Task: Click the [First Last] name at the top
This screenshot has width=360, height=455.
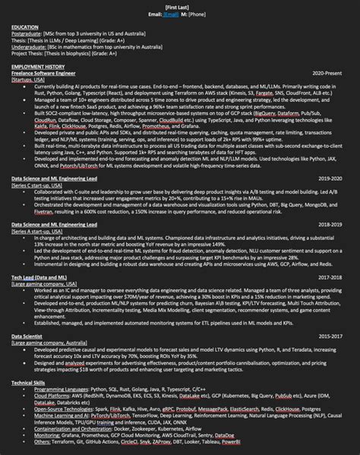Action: pos(180,7)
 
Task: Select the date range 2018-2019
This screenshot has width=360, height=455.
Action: pos(334,226)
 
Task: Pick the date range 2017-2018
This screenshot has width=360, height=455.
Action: pos(334,278)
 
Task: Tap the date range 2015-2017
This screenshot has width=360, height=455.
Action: pos(334,335)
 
